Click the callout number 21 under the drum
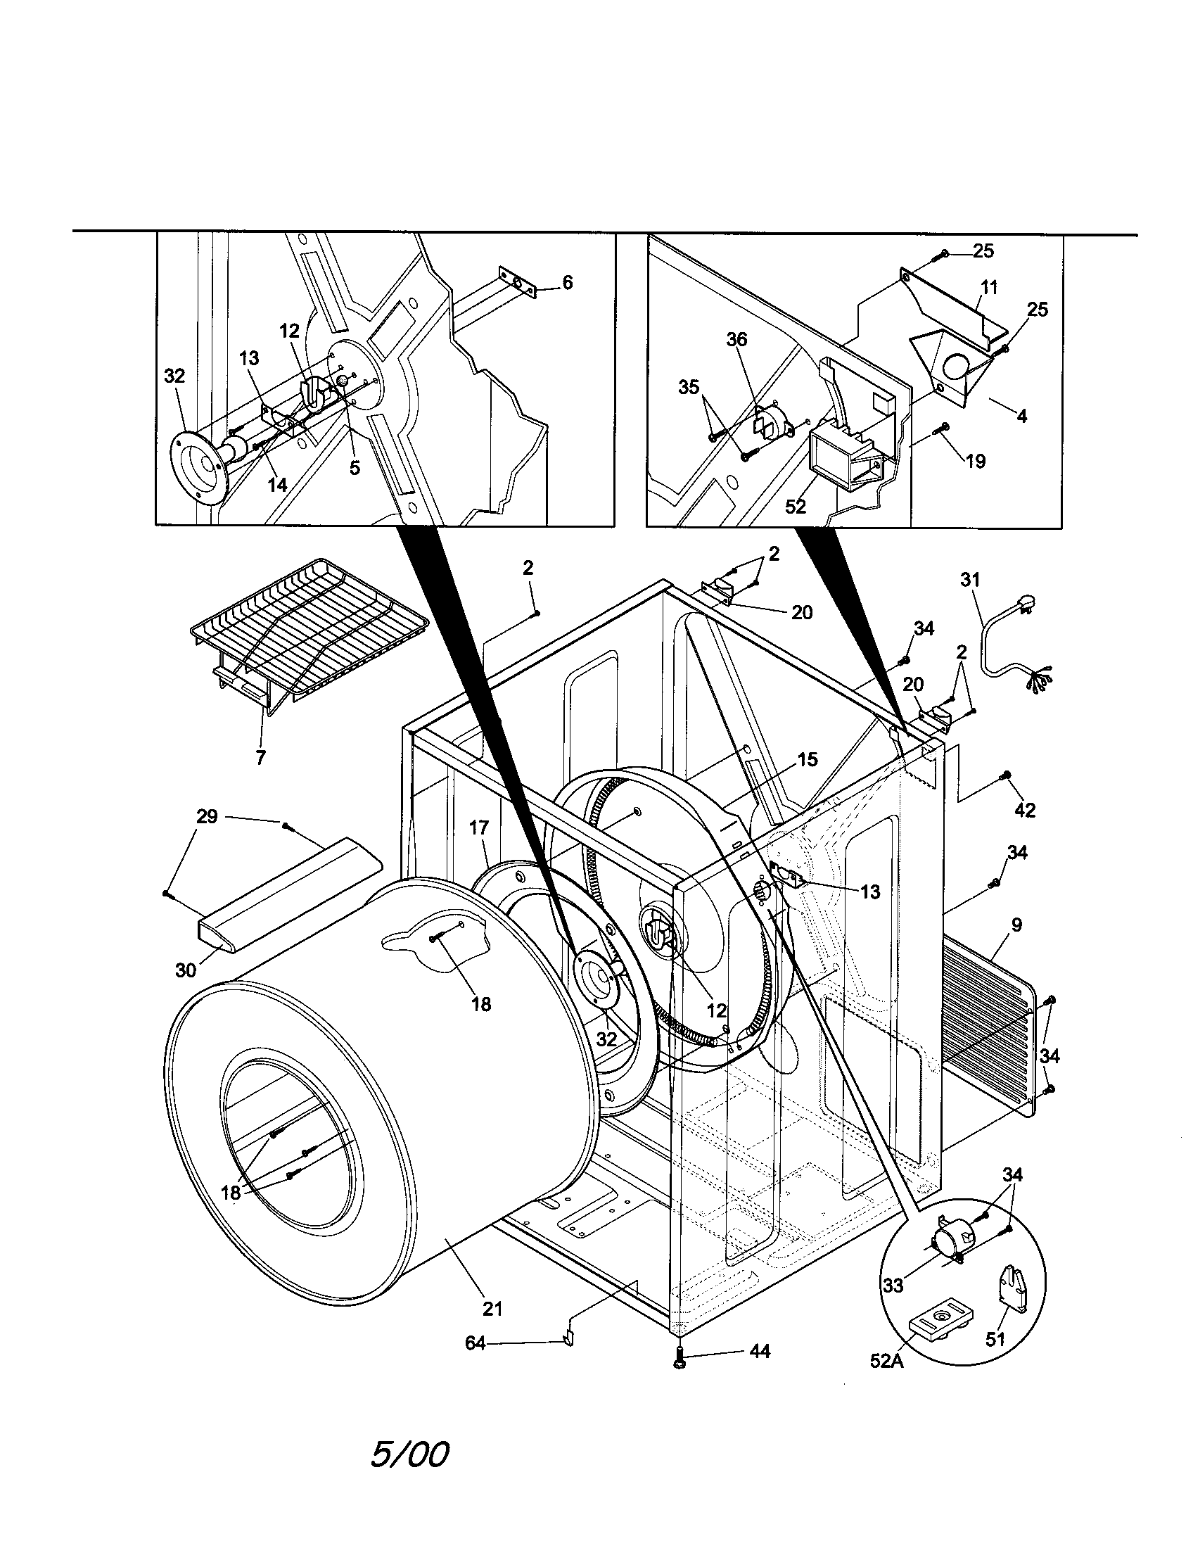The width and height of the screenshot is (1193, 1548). click(x=492, y=1309)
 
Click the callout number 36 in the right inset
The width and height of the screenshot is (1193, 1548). click(x=736, y=340)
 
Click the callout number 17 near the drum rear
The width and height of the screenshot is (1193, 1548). click(x=479, y=827)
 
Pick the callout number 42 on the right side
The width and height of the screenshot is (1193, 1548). click(x=1025, y=810)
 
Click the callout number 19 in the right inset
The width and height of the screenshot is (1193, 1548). click(x=976, y=462)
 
